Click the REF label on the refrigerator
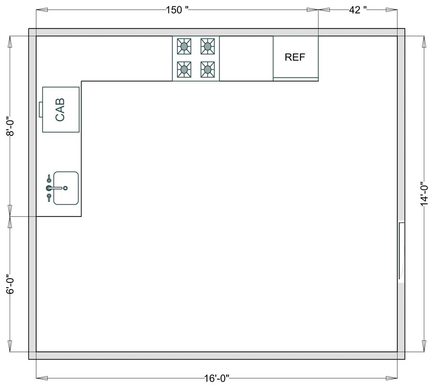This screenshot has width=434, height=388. tap(295, 57)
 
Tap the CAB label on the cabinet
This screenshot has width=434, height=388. tap(60, 109)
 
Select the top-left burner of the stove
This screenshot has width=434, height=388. tap(184, 47)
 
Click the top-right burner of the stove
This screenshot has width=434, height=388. tap(207, 47)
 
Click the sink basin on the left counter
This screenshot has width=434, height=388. tap(66, 188)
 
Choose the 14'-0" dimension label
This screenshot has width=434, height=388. tap(424, 194)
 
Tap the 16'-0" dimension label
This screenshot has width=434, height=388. tap(217, 379)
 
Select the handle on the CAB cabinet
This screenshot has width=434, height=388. tap(41, 109)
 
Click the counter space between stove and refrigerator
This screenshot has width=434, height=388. tap(246, 58)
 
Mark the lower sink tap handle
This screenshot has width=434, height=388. tap(49, 196)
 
